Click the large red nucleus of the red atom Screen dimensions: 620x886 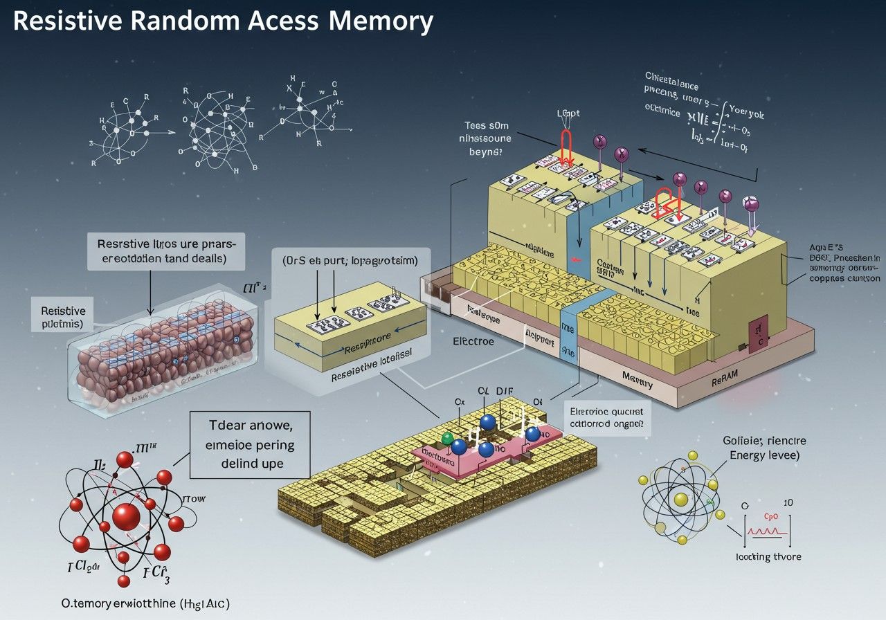pyautogui.click(x=126, y=516)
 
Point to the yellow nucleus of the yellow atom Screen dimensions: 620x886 pyautogui.click(x=680, y=500)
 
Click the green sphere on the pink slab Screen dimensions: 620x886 pyautogui.click(x=447, y=438)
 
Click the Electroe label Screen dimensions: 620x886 pyautogui.click(x=473, y=341)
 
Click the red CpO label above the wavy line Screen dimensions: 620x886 pyautogui.click(x=771, y=516)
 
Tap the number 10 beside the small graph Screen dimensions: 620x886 pyautogui.click(x=788, y=502)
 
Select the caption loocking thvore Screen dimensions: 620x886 pyautogui.click(x=768, y=556)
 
